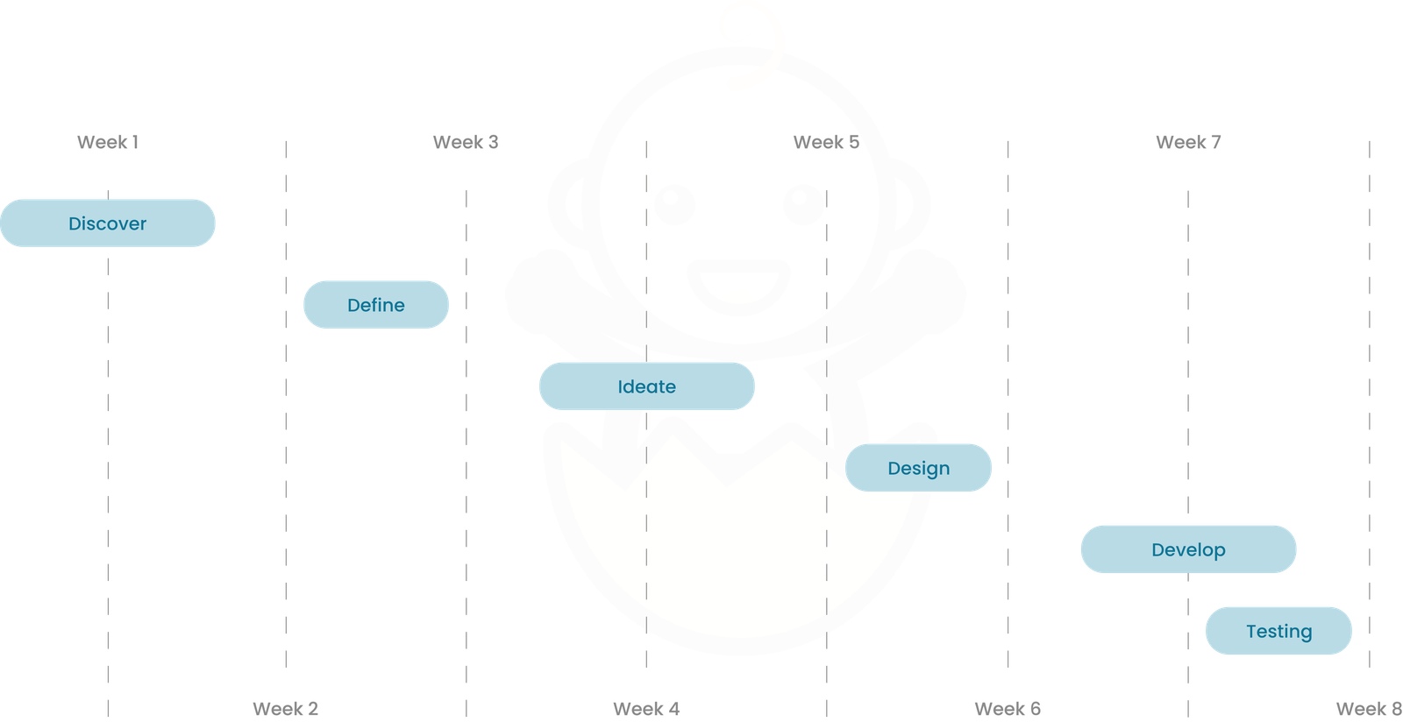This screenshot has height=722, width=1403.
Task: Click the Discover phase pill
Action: [x=108, y=223]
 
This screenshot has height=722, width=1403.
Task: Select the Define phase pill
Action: [x=376, y=305]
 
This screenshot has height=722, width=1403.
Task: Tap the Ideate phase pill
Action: [x=646, y=386]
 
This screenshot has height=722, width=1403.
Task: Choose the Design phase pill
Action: [x=918, y=468]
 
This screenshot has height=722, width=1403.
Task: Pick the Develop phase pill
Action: [x=1188, y=549]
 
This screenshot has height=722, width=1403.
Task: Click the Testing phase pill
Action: [x=1278, y=631]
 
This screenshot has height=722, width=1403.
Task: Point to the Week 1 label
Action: [x=109, y=142]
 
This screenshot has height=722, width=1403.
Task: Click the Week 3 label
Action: [x=466, y=142]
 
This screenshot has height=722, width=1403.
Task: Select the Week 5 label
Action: [x=826, y=142]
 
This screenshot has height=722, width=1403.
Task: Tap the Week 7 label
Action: [x=1188, y=142]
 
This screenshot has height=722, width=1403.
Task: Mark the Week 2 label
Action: [x=286, y=708]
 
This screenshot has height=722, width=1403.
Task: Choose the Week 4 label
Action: [x=646, y=708]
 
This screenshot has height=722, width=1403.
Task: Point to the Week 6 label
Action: [x=1008, y=708]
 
